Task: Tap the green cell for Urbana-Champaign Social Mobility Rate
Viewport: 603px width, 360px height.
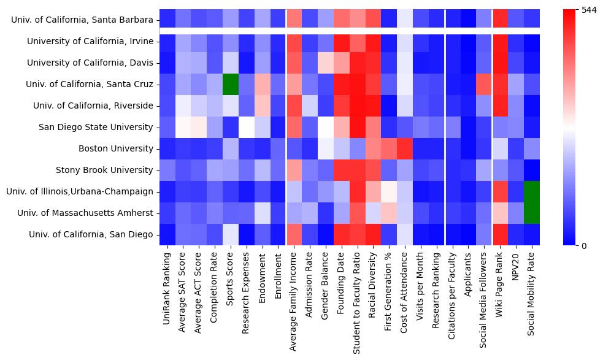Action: point(533,191)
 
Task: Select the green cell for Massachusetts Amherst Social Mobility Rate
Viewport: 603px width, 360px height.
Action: point(533,213)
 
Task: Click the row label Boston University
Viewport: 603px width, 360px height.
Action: point(116,148)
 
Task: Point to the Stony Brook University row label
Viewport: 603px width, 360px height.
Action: point(104,170)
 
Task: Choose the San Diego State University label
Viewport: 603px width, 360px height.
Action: point(95,127)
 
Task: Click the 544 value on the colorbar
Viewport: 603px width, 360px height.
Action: point(588,10)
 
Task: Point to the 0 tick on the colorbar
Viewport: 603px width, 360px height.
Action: point(583,246)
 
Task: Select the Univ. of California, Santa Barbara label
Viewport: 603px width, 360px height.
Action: point(82,20)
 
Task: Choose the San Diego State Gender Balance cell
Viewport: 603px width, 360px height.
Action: point(326,127)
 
